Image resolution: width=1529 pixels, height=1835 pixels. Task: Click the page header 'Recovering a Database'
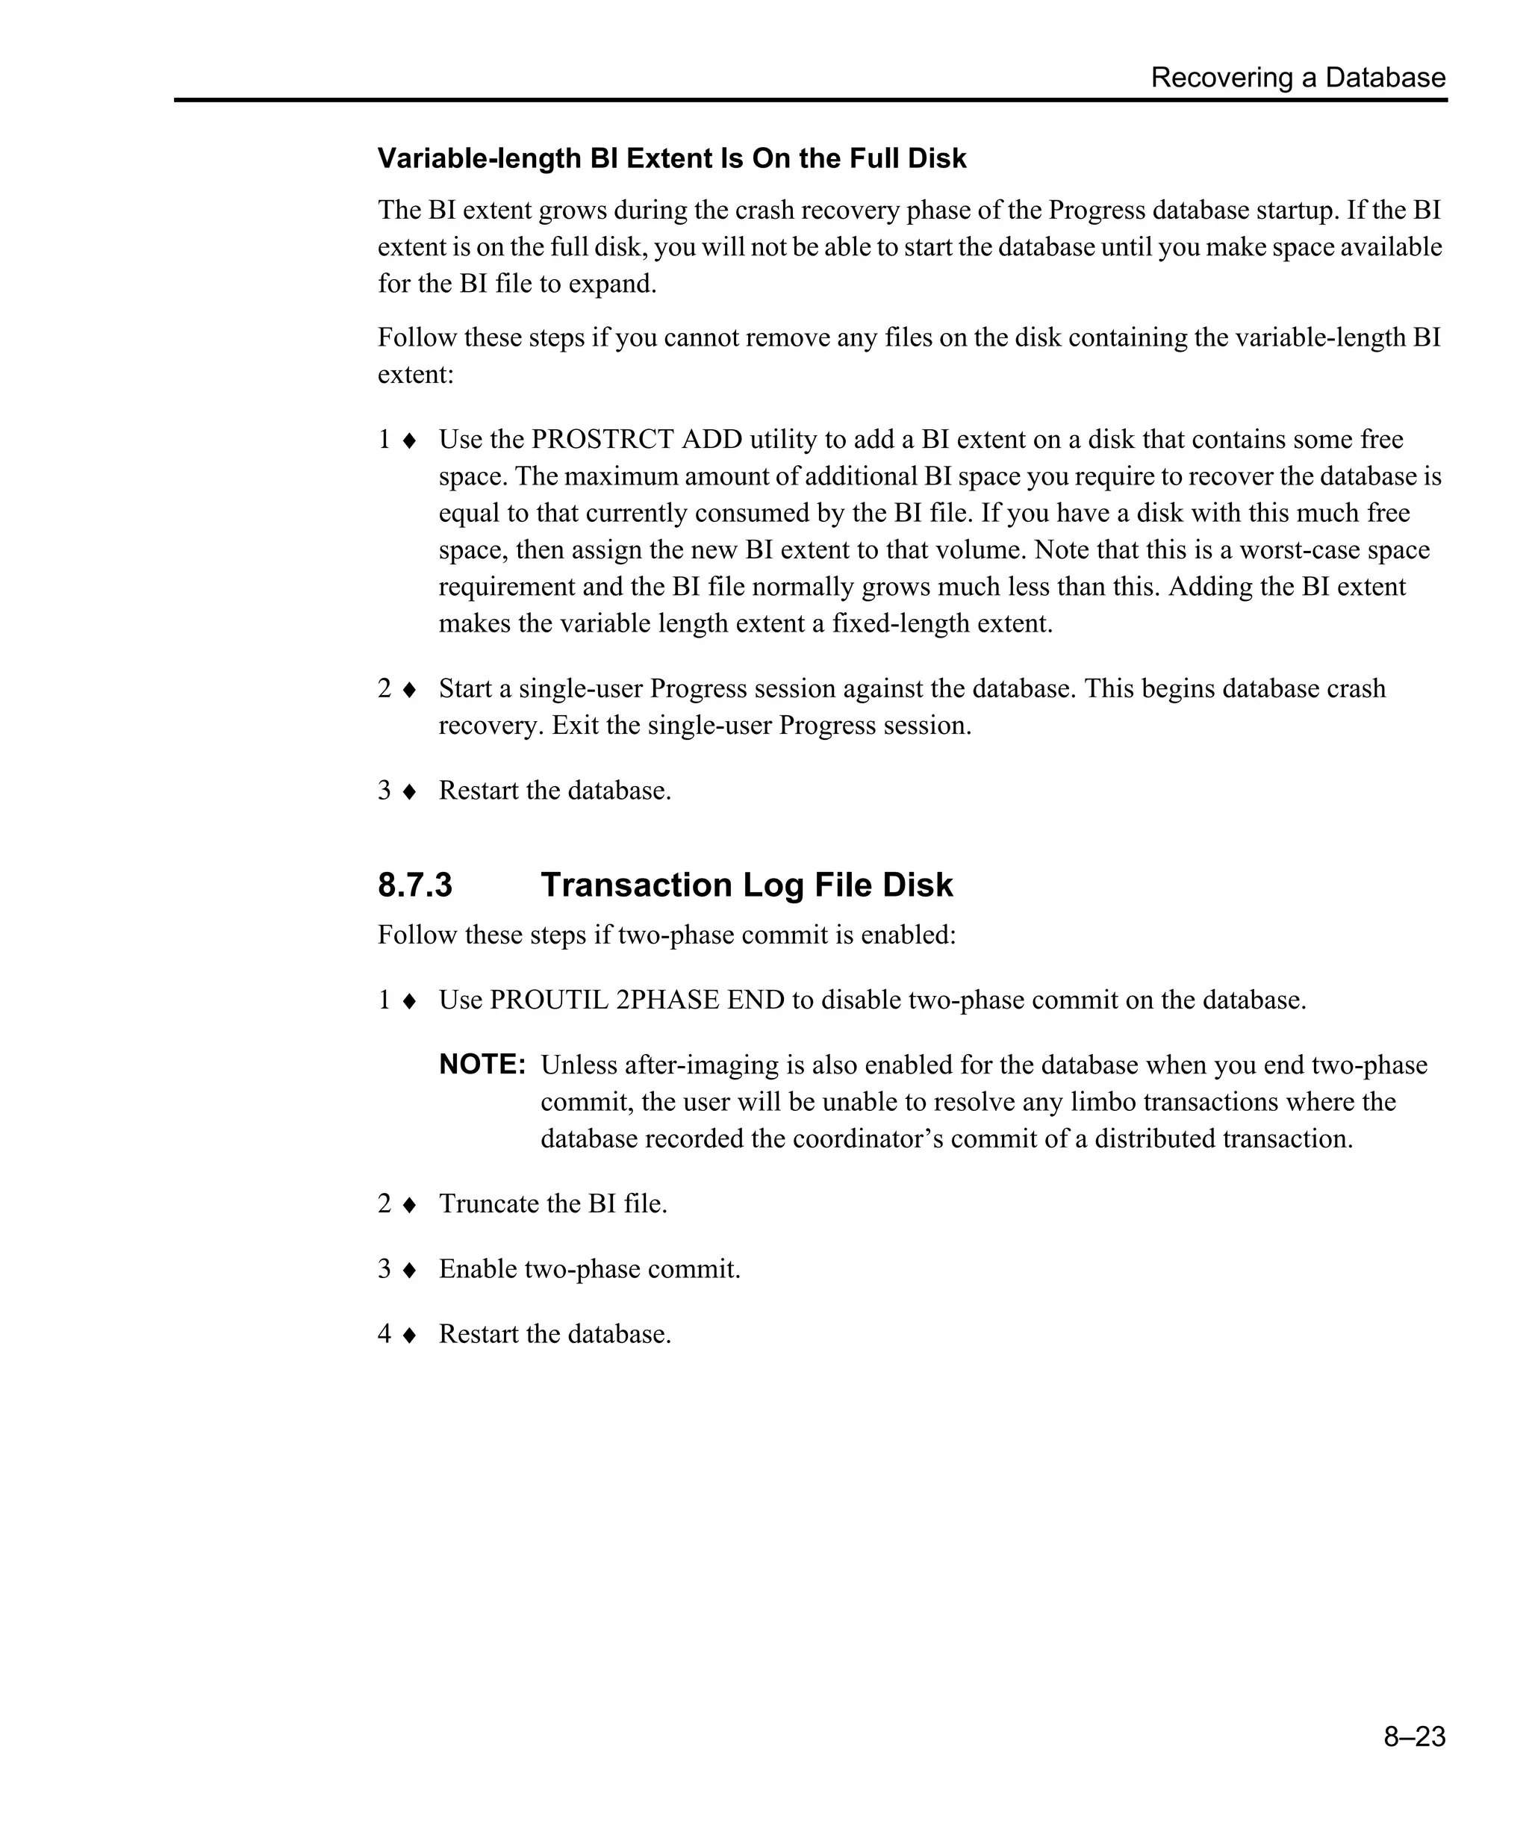(1298, 78)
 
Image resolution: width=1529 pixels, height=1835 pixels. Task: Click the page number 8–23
(1414, 1736)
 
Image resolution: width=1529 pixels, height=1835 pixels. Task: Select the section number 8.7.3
(415, 885)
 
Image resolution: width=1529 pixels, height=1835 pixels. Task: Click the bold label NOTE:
(482, 1065)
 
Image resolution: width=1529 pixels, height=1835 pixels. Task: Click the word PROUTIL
(549, 1000)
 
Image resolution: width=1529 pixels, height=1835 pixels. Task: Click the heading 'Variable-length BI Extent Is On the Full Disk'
(672, 158)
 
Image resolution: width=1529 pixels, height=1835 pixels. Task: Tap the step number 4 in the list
(384, 1334)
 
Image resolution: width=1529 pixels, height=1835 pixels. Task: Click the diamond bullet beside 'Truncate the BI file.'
(409, 1205)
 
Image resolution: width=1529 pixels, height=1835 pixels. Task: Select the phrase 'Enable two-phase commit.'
(589, 1269)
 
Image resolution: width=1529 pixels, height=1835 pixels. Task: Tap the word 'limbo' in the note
(1103, 1102)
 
